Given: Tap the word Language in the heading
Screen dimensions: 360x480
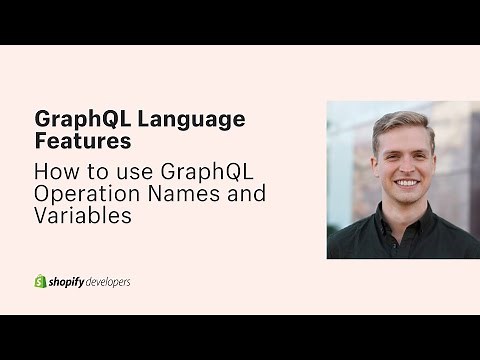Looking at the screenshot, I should click(191, 119).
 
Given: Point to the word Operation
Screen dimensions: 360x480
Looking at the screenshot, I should click(82, 193).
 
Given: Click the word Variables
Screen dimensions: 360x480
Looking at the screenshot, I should click(83, 216).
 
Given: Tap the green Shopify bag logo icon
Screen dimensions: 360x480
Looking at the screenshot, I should click(41, 281).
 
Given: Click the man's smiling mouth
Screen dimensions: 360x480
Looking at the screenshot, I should click(406, 183).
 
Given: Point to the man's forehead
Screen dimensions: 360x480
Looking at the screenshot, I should click(405, 140).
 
